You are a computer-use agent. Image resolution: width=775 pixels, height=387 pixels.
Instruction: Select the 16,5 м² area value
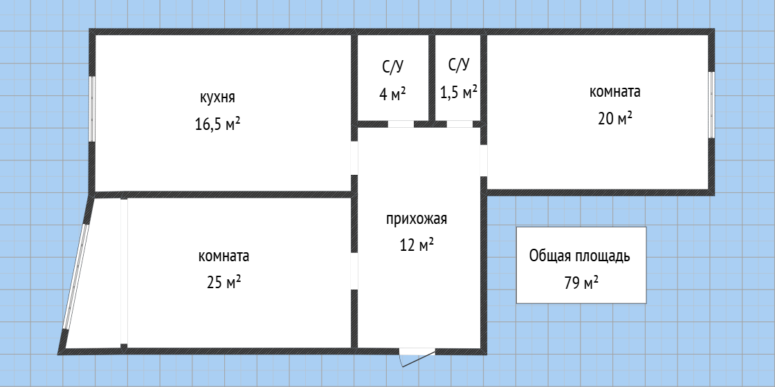(x=218, y=124)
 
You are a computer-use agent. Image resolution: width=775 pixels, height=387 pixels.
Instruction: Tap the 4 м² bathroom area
(x=392, y=94)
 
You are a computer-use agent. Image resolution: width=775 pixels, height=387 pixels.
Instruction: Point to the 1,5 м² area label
(x=459, y=92)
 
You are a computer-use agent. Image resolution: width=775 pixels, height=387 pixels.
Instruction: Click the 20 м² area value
(x=614, y=118)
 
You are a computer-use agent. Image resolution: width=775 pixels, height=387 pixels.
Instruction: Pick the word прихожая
(x=417, y=220)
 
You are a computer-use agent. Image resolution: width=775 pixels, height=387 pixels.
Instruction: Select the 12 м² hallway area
(x=417, y=245)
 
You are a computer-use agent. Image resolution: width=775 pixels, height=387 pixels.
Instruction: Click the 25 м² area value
(x=224, y=282)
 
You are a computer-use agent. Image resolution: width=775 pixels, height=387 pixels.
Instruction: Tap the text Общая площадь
(x=579, y=256)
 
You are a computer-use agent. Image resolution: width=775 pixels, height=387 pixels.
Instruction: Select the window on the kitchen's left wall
(x=92, y=108)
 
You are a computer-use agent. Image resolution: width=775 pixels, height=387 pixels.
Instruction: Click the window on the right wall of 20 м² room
(x=711, y=104)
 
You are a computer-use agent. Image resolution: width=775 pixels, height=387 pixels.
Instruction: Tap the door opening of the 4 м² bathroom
(x=401, y=124)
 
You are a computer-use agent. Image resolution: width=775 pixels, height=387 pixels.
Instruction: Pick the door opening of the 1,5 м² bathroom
(x=459, y=124)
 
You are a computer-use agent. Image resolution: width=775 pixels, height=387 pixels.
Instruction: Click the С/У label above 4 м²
(x=392, y=67)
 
